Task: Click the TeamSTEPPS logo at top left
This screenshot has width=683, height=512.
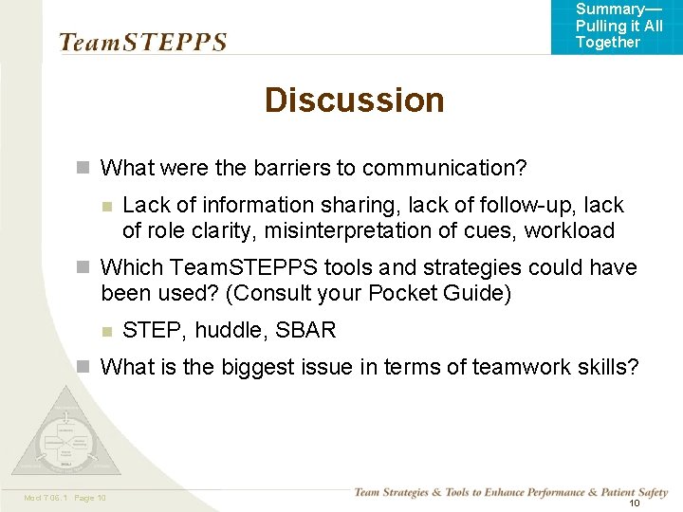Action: point(143,42)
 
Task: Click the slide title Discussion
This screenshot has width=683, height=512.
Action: point(354,100)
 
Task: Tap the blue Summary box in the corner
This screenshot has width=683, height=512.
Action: point(617,27)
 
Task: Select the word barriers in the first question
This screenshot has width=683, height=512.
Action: point(290,168)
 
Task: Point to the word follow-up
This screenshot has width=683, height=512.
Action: point(526,205)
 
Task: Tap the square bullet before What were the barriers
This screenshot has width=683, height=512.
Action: point(83,168)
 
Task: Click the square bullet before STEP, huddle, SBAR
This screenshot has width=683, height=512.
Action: point(107,331)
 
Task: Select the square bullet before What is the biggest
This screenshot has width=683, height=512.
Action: point(83,367)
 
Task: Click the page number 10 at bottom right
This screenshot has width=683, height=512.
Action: point(635,503)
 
